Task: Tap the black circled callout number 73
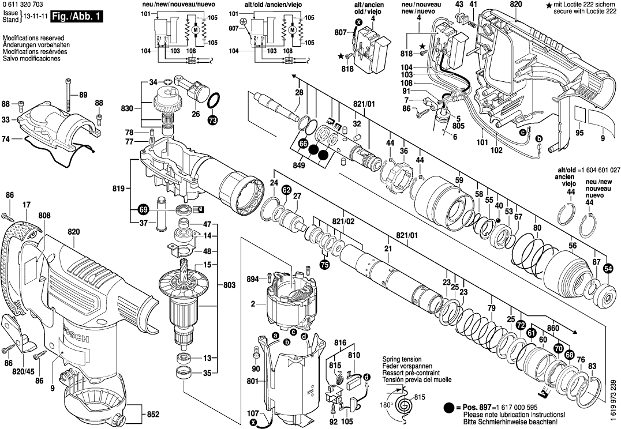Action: [x=213, y=121]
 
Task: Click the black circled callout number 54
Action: [x=608, y=269]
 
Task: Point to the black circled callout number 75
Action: [x=324, y=265]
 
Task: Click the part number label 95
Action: [x=579, y=133]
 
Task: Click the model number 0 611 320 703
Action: [x=23, y=5]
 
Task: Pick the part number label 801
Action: [x=252, y=381]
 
